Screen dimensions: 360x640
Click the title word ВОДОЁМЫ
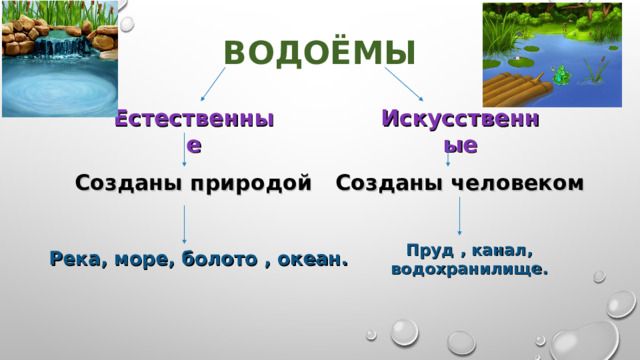[x=320, y=52]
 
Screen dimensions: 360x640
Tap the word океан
[x=313, y=260]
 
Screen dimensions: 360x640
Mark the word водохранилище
[x=469, y=270]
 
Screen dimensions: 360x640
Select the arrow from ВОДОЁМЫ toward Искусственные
[x=406, y=84]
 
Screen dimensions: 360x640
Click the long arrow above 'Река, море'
[x=184, y=224]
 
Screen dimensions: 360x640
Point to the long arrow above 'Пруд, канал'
[x=459, y=217]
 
